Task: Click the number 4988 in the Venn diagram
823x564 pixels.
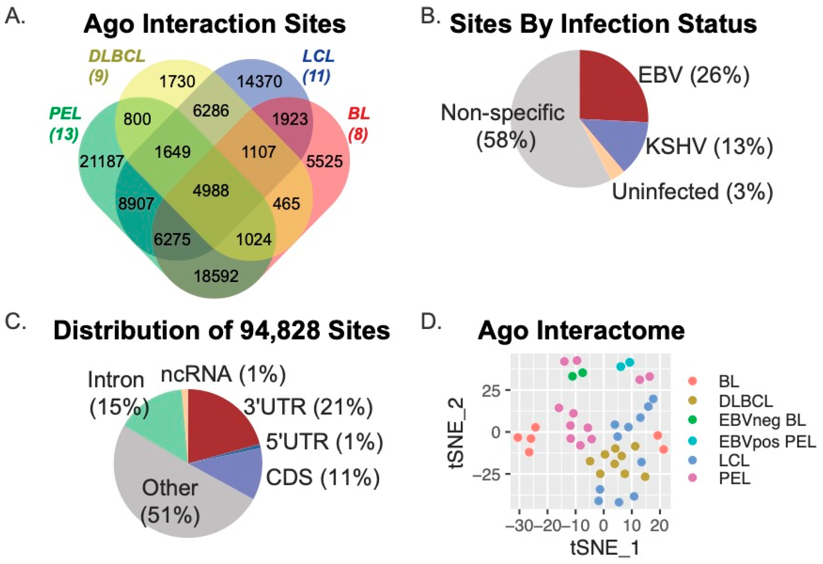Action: pyautogui.click(x=211, y=190)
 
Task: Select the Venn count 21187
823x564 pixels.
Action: pyautogui.click(x=102, y=162)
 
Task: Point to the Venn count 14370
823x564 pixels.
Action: pyautogui.click(x=260, y=82)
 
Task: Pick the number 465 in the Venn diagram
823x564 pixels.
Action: pyautogui.click(x=287, y=203)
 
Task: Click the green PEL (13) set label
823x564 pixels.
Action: pyautogui.click(x=65, y=124)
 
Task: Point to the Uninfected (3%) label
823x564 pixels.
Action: pyautogui.click(x=692, y=192)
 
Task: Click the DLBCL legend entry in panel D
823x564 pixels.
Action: pyautogui.click(x=746, y=401)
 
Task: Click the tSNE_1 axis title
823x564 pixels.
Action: pyautogui.click(x=605, y=548)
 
